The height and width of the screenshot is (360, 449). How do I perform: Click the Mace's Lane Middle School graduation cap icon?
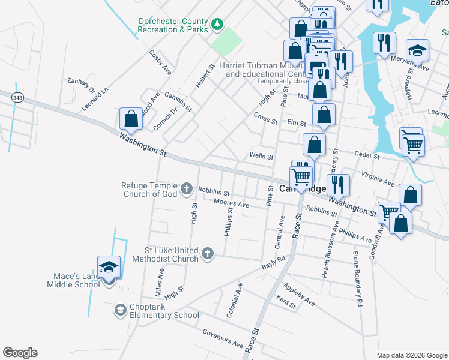[x=109, y=267]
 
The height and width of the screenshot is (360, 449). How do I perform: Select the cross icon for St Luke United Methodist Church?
[x=208, y=254]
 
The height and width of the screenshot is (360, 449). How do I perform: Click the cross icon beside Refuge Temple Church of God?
[x=187, y=190]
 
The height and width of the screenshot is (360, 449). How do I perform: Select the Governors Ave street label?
[x=223, y=339]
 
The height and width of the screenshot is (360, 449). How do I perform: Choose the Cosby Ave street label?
[x=160, y=62]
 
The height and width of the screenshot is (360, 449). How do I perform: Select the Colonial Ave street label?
[x=235, y=301]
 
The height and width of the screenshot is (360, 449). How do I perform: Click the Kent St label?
[x=286, y=301]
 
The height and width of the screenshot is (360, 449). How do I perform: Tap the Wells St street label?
[x=261, y=156]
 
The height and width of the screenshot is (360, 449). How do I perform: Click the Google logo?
[x=20, y=353]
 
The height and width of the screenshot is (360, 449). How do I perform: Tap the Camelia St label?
[x=180, y=100]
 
